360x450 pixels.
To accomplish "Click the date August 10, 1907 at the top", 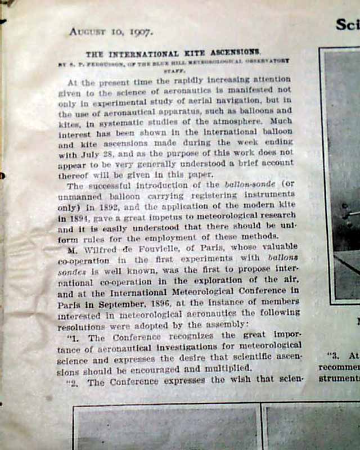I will (x=110, y=32).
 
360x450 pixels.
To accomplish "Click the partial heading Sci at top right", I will (x=347, y=25).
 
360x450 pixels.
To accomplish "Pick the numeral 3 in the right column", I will (x=336, y=355).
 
